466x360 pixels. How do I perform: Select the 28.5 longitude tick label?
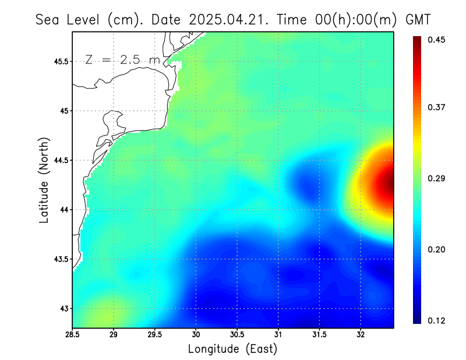click(73, 334)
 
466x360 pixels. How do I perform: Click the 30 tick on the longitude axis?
click(196, 334)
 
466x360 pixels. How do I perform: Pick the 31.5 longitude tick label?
click(320, 334)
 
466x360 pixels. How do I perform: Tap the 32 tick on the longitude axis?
click(361, 334)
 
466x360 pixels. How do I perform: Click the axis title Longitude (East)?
click(232, 349)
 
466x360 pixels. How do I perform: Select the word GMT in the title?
click(418, 20)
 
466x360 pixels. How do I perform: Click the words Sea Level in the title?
click(69, 20)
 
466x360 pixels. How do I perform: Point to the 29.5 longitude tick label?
click(155, 334)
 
